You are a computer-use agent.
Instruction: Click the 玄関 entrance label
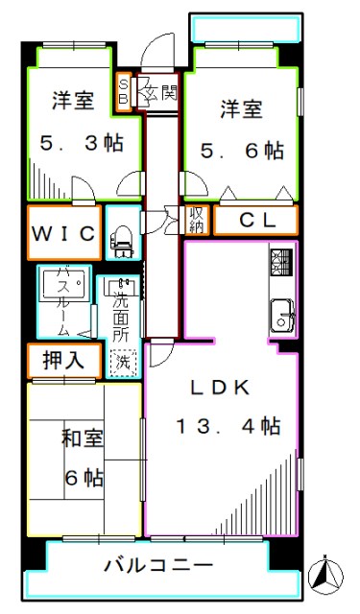pyautogui.click(x=156, y=94)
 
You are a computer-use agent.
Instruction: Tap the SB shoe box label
pyautogui.click(x=124, y=92)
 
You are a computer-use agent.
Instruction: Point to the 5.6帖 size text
pyautogui.click(x=242, y=151)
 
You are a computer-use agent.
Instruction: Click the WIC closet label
pyautogui.click(x=64, y=233)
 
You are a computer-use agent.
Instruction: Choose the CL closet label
pyautogui.click(x=255, y=221)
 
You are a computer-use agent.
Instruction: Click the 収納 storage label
pyautogui.click(x=197, y=221)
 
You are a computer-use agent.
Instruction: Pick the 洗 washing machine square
pyautogui.click(x=123, y=364)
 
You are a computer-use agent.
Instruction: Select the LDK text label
pyautogui.click(x=219, y=388)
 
